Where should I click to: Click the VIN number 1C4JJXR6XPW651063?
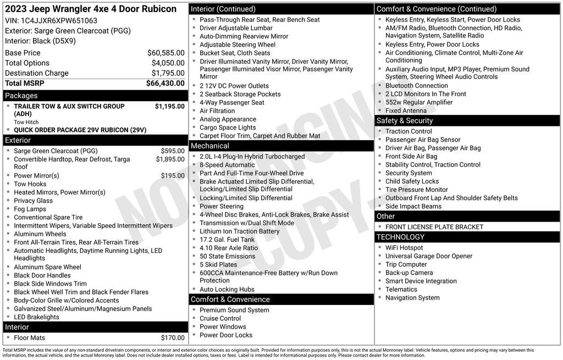click(59, 20)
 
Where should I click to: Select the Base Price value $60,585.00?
click(165, 53)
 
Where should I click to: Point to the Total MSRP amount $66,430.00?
click(165, 83)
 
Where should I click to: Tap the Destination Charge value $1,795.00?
click(168, 73)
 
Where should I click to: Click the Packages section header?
click(21, 96)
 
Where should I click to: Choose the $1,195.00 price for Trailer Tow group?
click(169, 107)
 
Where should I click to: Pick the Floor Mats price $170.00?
click(173, 338)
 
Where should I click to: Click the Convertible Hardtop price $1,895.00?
click(170, 159)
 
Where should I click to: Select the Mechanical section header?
click(209, 146)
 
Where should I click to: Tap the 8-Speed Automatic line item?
click(227, 165)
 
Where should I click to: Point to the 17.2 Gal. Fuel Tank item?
click(227, 240)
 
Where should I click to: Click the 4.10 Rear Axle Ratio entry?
click(229, 248)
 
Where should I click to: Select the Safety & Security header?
click(405, 121)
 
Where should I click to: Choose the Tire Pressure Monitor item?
click(417, 190)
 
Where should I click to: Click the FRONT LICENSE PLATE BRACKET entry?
click(434, 227)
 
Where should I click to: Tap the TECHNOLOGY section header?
click(400, 237)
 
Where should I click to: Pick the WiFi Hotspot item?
click(404, 248)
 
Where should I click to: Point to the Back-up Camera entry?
click(409, 273)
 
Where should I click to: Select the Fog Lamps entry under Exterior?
click(30, 209)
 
